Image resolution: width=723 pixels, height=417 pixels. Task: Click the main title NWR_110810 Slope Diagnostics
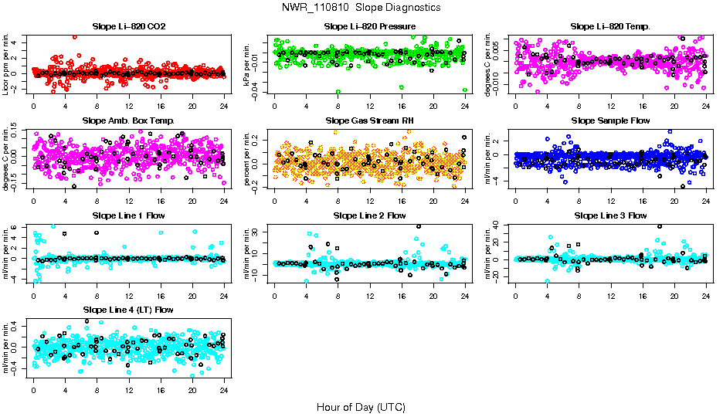click(x=361, y=7)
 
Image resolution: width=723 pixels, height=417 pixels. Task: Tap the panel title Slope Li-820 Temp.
click(x=610, y=27)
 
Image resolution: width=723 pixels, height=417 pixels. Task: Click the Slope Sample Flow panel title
click(x=610, y=121)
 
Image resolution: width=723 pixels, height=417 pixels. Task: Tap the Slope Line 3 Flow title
click(x=610, y=215)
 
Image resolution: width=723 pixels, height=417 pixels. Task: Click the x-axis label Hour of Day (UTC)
click(x=361, y=406)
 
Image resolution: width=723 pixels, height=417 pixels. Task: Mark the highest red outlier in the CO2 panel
click(x=74, y=36)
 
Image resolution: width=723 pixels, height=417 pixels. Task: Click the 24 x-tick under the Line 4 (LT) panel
click(x=223, y=389)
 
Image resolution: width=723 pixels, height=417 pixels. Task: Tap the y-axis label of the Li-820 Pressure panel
click(x=249, y=64)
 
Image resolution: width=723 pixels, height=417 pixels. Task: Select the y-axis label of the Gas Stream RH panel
click(x=249, y=158)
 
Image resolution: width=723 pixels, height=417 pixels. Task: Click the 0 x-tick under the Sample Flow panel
click(x=515, y=200)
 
